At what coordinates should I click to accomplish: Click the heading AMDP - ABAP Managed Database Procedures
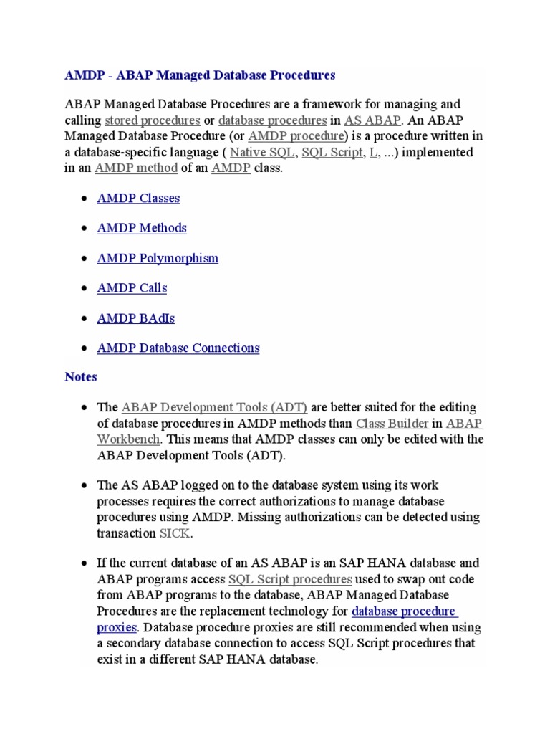pyautogui.click(x=200, y=75)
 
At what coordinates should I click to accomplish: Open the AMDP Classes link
pyautogui.click(x=138, y=199)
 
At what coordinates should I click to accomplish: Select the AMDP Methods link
pyautogui.click(x=142, y=228)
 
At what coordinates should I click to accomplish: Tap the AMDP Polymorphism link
pyautogui.click(x=158, y=258)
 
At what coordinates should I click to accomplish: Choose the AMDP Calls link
pyautogui.click(x=132, y=288)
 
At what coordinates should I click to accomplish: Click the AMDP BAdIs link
pyautogui.click(x=135, y=318)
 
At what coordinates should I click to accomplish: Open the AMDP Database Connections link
pyautogui.click(x=178, y=348)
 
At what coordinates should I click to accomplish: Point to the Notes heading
pyautogui.click(x=81, y=377)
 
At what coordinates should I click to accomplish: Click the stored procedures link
pyautogui.click(x=152, y=120)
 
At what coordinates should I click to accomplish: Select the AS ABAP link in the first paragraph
pyautogui.click(x=372, y=120)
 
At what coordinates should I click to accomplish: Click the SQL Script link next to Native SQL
pyautogui.click(x=332, y=153)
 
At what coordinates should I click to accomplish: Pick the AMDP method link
pyautogui.click(x=136, y=168)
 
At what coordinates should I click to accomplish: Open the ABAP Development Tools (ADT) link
pyautogui.click(x=214, y=408)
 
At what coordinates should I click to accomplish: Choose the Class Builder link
pyautogui.click(x=392, y=424)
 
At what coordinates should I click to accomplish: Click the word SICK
pyautogui.click(x=174, y=533)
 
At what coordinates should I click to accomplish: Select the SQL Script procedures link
pyautogui.click(x=289, y=579)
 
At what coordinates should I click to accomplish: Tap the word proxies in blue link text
pyautogui.click(x=116, y=627)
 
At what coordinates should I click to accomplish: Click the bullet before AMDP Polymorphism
pyautogui.click(x=85, y=259)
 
